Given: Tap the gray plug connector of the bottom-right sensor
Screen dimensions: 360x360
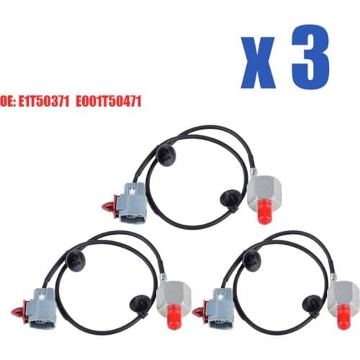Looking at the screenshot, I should click(x=218, y=305).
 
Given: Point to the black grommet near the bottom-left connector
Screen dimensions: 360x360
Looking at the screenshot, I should click(x=75, y=258).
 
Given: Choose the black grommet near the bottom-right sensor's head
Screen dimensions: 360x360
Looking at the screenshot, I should click(x=312, y=302).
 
